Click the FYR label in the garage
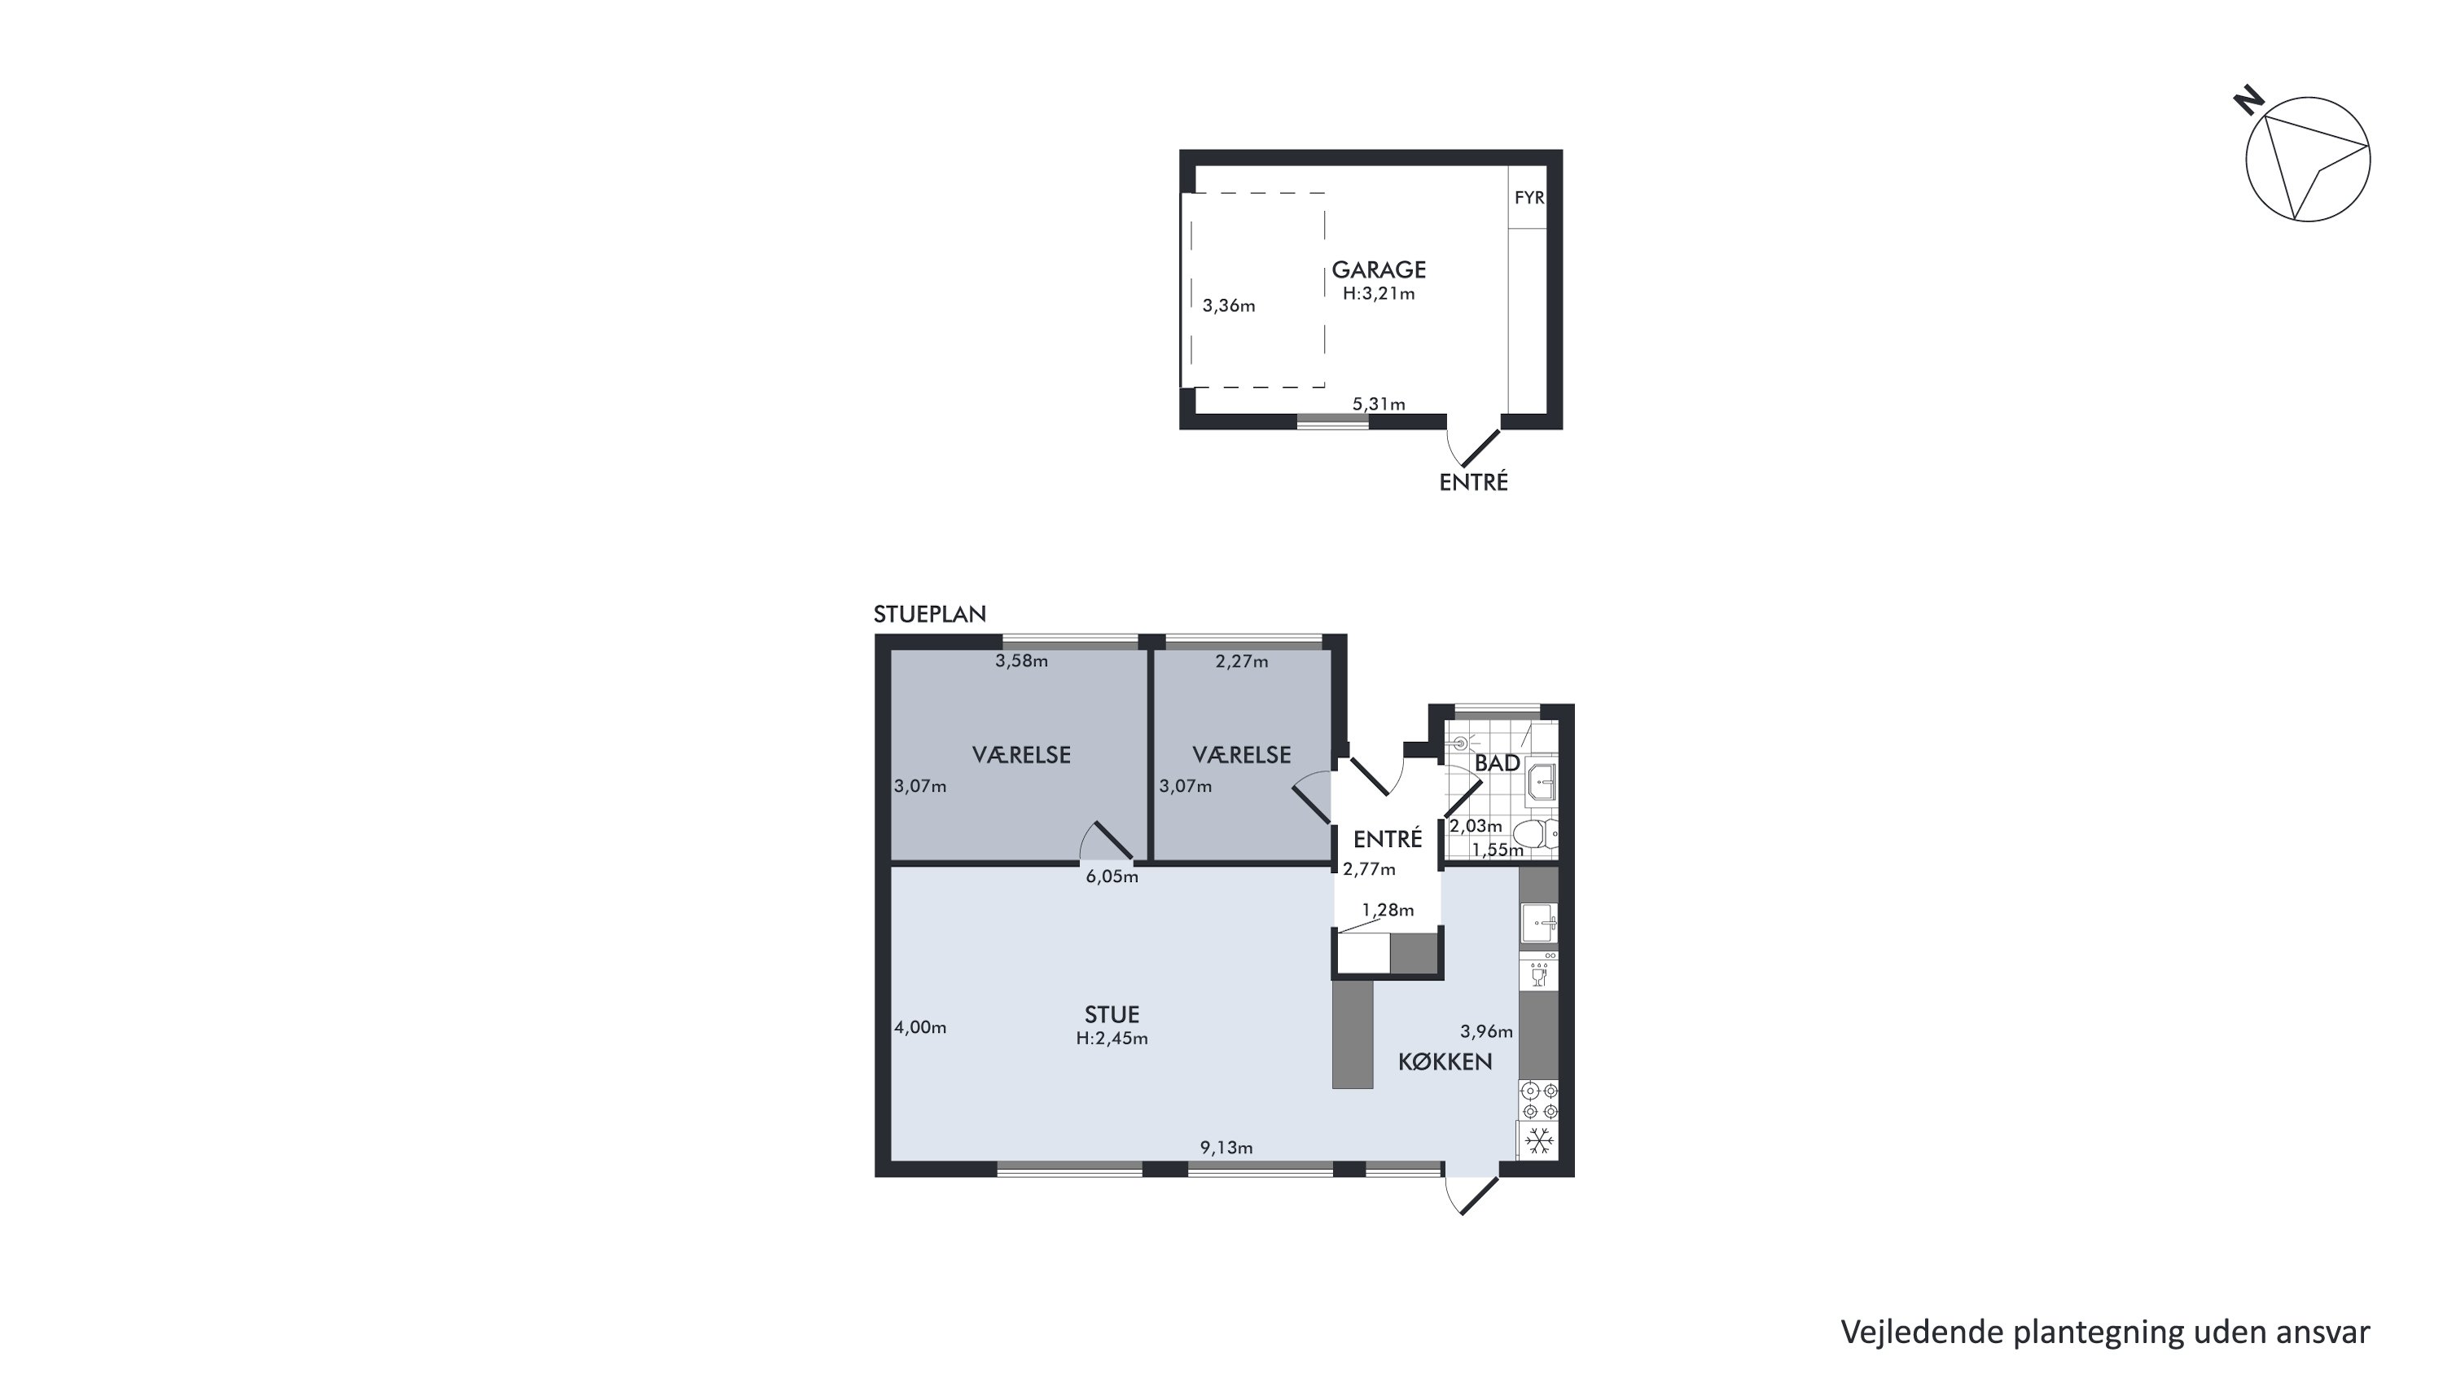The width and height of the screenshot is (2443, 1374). tap(1529, 198)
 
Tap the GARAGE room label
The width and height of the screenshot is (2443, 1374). tap(1379, 270)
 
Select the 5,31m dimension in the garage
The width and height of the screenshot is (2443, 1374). tap(1379, 404)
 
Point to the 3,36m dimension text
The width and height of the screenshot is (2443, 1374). tap(1229, 305)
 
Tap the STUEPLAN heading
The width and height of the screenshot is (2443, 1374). tap(929, 614)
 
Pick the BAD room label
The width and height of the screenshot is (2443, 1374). tap(1498, 763)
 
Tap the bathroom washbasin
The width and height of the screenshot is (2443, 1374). tap(1541, 783)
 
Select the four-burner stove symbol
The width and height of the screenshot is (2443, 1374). tap(1538, 1101)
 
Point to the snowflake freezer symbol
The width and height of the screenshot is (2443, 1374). tap(1538, 1141)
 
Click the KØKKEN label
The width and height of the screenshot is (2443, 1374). tap(1445, 1062)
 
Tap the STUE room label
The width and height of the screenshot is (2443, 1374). tap(1112, 1015)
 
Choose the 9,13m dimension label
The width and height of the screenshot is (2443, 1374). tap(1226, 1148)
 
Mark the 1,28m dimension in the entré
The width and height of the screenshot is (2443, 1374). tap(1388, 911)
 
